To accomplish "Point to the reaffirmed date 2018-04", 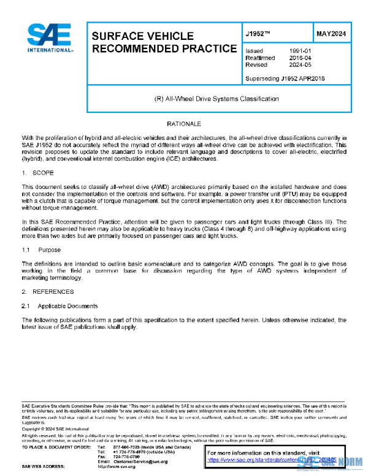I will pos(301,58).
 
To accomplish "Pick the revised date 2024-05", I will pos(301,64).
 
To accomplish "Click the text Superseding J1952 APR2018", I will pos(284,79).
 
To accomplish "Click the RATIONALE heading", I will pos(184,124).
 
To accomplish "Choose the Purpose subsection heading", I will pos(49,250).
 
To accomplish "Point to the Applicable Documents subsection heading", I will pos(67,305).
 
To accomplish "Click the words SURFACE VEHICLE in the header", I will pos(142,36).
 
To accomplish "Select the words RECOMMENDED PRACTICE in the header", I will pos(164,48).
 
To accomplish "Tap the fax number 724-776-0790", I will pos(126,456).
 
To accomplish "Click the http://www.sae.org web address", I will pos(117,467).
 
